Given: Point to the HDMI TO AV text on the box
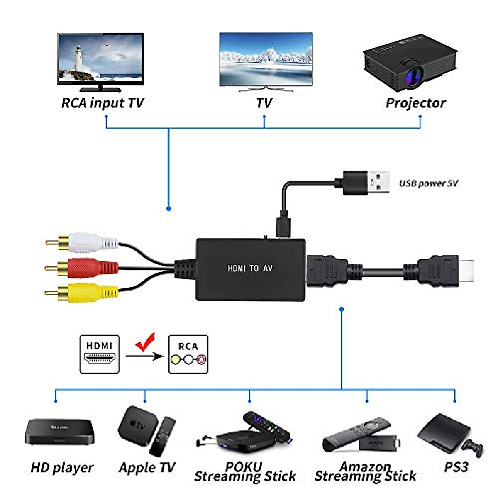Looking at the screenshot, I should click(x=250, y=269).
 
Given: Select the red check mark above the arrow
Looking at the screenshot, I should click(x=145, y=342).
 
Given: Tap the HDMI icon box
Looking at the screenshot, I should click(x=100, y=354).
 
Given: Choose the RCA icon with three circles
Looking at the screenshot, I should click(x=188, y=354).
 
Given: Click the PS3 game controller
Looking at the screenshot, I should click(x=473, y=447).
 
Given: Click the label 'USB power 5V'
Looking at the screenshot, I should click(x=428, y=183).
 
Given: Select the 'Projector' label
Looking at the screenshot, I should click(x=415, y=103).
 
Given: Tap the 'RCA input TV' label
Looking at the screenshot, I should click(x=102, y=103).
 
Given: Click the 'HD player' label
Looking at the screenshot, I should click(x=62, y=468).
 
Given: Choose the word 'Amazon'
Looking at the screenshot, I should click(x=365, y=466).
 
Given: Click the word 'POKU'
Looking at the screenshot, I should click(x=244, y=466).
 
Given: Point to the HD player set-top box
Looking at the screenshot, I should click(x=60, y=431).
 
